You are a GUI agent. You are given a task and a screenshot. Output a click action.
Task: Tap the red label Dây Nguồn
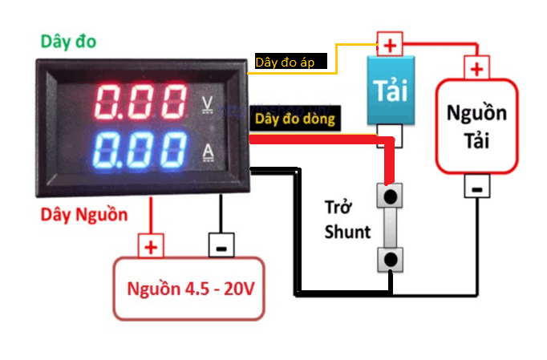click(x=83, y=214)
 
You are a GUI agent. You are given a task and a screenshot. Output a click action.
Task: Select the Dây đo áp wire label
click(x=290, y=62)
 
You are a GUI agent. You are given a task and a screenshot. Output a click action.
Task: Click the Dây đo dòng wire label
click(x=294, y=119)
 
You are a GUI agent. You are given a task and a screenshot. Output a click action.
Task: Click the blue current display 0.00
click(x=140, y=150)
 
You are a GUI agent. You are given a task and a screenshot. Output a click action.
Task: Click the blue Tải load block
click(x=391, y=90)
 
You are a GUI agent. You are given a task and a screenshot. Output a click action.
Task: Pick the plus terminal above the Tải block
click(x=390, y=44)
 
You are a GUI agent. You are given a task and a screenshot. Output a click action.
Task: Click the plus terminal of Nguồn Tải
click(x=476, y=69)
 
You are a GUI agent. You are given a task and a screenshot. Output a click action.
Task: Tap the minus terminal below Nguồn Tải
click(x=476, y=188)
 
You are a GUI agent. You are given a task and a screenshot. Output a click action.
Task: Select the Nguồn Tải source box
click(x=476, y=126)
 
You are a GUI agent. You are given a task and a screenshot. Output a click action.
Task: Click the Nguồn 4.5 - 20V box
click(x=189, y=288)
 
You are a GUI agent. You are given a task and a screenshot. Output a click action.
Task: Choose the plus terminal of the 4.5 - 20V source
click(x=151, y=245)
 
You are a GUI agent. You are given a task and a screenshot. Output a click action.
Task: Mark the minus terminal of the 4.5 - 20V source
click(x=219, y=245)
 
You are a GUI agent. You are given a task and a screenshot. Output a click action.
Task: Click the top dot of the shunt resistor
click(x=391, y=196)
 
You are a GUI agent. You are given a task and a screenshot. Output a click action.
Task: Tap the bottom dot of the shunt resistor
click(x=391, y=258)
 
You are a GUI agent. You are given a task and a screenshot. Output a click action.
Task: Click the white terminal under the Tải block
click(x=391, y=137)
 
